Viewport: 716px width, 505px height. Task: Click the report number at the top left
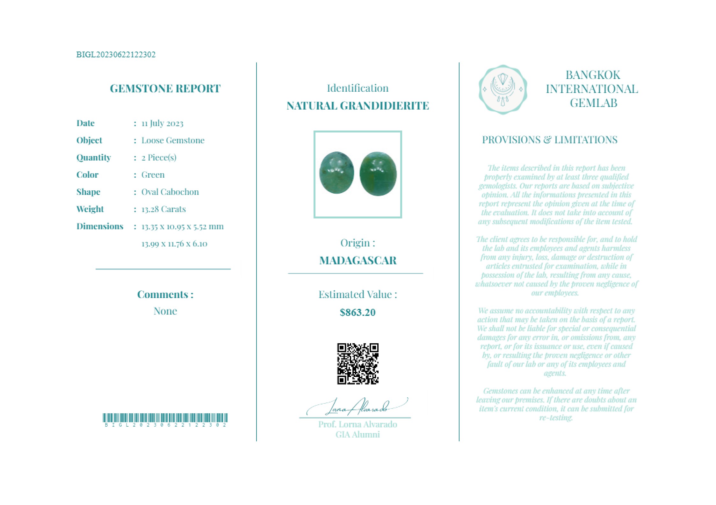tap(116, 54)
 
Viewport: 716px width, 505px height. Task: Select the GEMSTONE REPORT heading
tap(165, 89)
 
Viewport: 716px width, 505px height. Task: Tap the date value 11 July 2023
tap(162, 123)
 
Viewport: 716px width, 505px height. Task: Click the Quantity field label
tap(93, 158)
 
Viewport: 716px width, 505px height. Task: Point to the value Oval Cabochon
tap(170, 192)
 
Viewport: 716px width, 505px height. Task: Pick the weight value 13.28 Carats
tap(163, 209)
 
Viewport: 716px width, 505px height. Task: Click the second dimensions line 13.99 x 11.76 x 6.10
tap(174, 244)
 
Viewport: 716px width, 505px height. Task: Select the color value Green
tap(153, 175)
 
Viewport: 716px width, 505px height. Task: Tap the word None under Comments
tap(165, 311)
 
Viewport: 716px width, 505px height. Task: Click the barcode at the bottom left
tap(165, 418)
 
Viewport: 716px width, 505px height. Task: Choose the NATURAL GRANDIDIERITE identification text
tap(358, 106)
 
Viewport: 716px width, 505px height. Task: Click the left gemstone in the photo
tap(336, 172)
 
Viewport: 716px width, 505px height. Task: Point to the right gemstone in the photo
tap(378, 174)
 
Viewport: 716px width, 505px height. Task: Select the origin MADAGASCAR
tap(358, 260)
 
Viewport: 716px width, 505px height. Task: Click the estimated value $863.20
tap(358, 312)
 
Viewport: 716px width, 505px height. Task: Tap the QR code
tap(358, 364)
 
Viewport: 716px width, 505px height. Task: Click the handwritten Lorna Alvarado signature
tap(357, 407)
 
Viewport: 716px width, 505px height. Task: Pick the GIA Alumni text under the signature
tap(358, 435)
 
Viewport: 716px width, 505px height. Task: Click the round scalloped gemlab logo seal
tap(503, 90)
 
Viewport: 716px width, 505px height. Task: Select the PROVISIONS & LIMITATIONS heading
tap(549, 140)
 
